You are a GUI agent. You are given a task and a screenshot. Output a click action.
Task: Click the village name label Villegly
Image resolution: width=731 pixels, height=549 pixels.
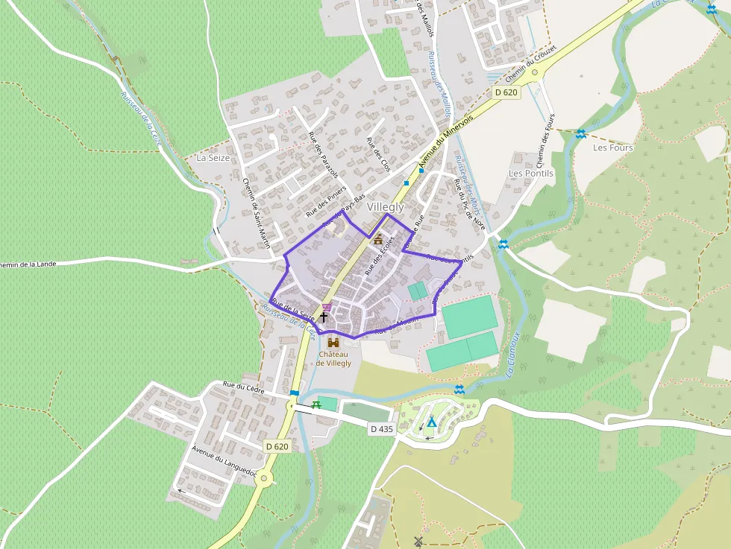click(x=385, y=207)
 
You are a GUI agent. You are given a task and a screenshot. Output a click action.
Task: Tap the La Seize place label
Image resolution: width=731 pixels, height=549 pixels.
click(x=212, y=158)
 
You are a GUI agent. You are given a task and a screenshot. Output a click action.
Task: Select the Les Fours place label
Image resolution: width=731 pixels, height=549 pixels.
click(x=612, y=147)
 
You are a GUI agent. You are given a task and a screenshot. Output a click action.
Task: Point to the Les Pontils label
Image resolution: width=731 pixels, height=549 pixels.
click(x=531, y=173)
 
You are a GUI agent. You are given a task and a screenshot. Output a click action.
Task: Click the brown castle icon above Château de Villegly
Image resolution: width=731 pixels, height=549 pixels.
click(x=333, y=342)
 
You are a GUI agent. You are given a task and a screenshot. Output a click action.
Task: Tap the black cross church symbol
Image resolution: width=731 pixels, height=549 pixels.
click(x=324, y=317)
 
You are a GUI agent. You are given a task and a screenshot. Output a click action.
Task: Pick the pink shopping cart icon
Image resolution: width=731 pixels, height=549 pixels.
click(x=327, y=307)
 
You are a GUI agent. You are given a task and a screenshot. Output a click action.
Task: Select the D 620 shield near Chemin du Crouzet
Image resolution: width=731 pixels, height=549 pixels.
click(x=506, y=92)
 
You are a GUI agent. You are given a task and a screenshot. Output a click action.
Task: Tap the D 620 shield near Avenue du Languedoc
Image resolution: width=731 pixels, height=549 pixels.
click(x=277, y=446)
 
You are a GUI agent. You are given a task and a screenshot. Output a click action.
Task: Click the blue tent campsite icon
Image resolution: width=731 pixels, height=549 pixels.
click(x=431, y=422)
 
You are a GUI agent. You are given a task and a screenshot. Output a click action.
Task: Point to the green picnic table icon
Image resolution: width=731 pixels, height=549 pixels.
click(x=317, y=404)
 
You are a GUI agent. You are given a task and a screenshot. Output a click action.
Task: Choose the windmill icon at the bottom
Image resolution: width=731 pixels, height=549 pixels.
click(x=418, y=541)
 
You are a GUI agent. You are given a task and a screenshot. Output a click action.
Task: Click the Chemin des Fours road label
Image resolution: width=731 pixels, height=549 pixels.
click(x=546, y=141)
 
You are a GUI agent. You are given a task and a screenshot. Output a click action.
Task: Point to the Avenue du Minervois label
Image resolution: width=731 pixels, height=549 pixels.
click(x=445, y=142)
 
